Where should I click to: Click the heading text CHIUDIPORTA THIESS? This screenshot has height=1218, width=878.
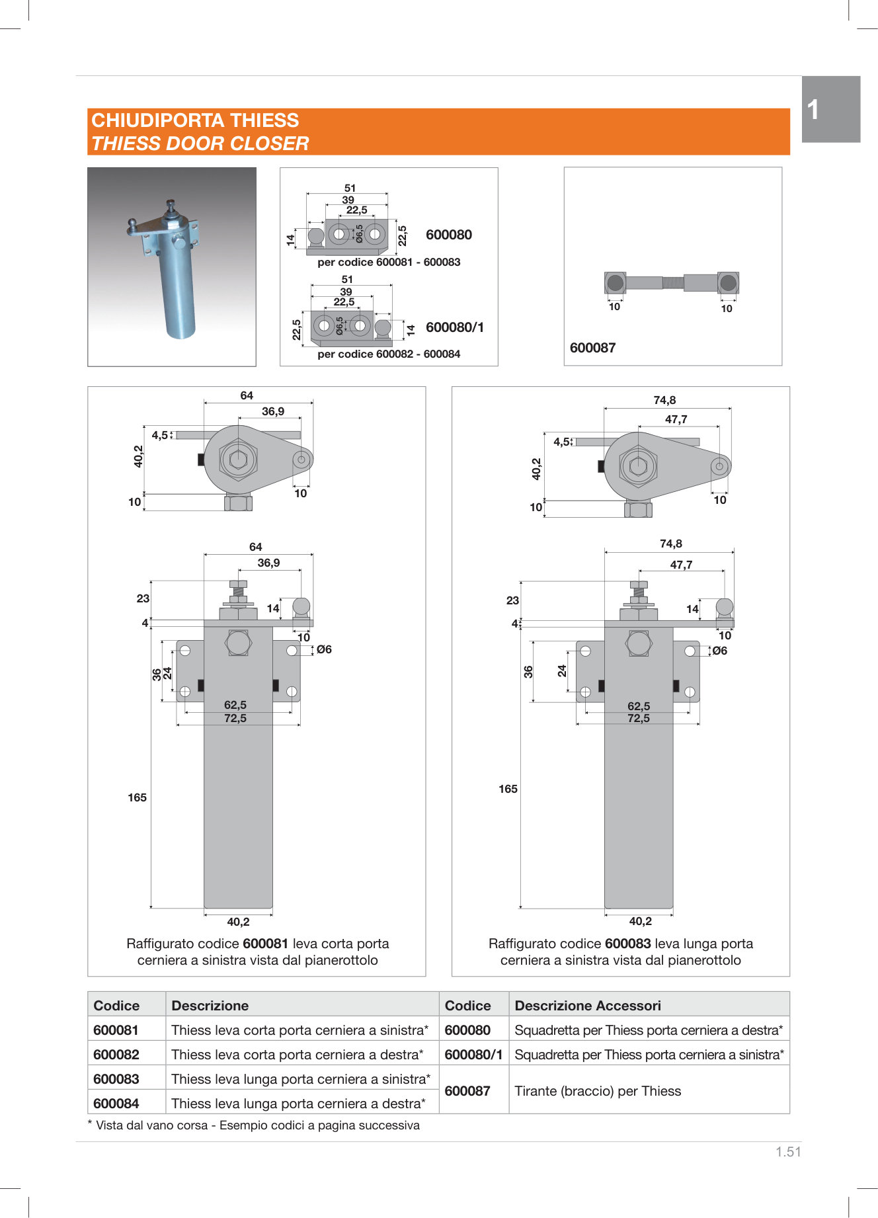pos(195,120)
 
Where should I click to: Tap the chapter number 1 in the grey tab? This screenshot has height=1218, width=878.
pos(813,110)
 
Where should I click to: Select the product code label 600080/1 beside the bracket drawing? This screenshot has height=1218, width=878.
pos(455,327)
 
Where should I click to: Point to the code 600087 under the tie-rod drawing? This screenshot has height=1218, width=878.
pos(592,348)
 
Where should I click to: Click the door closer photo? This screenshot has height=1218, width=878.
pos(172,266)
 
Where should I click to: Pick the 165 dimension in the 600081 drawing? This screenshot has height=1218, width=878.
pos(137,797)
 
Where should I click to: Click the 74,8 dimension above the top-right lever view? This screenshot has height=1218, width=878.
pos(664,400)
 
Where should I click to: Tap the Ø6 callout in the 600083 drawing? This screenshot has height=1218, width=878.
pos(719,651)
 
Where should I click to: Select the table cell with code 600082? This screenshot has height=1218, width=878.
pos(116,1055)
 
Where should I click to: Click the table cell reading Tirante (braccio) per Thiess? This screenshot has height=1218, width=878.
pos(598,1091)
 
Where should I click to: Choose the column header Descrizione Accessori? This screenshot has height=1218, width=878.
pos(588,1006)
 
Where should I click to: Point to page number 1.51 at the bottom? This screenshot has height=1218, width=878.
pos(788,1152)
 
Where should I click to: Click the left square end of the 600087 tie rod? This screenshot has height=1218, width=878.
pos(615,283)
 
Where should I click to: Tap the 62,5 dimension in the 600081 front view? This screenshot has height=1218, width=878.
pos(235,705)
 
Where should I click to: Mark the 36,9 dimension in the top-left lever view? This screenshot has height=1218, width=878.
pos(273,411)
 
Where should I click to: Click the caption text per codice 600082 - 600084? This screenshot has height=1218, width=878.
pos(389,354)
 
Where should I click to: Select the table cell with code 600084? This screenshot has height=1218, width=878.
pos(116,1104)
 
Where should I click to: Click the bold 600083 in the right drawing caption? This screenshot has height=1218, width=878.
pos(627,944)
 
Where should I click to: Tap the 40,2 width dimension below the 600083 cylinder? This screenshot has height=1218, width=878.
pos(640,921)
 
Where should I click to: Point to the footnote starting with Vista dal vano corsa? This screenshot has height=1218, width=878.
pos(257,1125)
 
